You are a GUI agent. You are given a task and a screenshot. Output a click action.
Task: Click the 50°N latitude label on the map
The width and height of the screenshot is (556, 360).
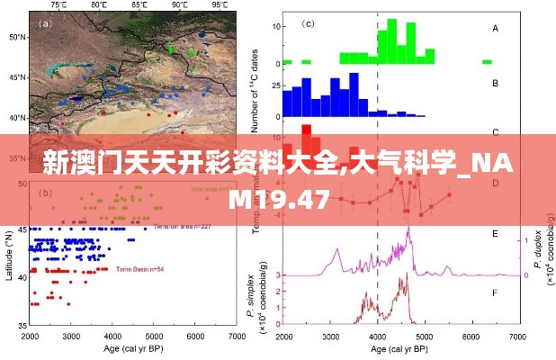pyautogui.click(x=17, y=38)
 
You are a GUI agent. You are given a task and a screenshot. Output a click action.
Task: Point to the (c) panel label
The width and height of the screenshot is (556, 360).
pyautogui.click(x=308, y=24)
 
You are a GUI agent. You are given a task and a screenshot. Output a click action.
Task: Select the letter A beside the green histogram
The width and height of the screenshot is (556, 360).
pyautogui.click(x=494, y=29)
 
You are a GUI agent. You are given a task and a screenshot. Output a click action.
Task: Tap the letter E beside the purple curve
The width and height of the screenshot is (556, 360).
pyautogui.click(x=494, y=234)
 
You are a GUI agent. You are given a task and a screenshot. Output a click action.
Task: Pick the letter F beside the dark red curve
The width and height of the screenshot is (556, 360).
pyautogui.click(x=494, y=292)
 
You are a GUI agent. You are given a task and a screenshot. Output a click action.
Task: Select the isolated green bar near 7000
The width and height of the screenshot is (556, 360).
pyautogui.click(x=487, y=61)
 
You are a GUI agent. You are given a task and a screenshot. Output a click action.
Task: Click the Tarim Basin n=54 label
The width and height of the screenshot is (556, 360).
pyautogui.click(x=139, y=268)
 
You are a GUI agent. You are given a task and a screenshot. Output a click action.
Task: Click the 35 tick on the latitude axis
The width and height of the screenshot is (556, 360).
pyautogui.click(x=20, y=327)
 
